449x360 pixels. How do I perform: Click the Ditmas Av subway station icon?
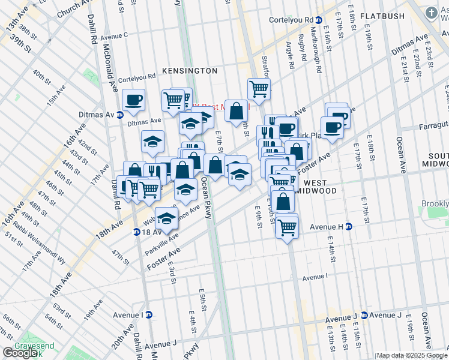[x=119, y=115]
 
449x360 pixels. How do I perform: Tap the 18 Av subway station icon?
[x=136, y=232]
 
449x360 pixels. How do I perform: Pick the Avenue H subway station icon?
[x=348, y=226]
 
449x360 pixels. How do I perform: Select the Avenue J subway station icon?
[x=364, y=315]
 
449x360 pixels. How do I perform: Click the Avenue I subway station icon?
[x=149, y=314]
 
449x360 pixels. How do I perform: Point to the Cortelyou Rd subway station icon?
[x=319, y=20]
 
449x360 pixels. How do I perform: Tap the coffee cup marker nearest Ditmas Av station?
[x=133, y=99]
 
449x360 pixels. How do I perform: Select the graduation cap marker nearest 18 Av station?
[x=166, y=218]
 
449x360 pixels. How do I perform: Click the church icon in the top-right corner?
[x=430, y=13]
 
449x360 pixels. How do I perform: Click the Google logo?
[x=20, y=352]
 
